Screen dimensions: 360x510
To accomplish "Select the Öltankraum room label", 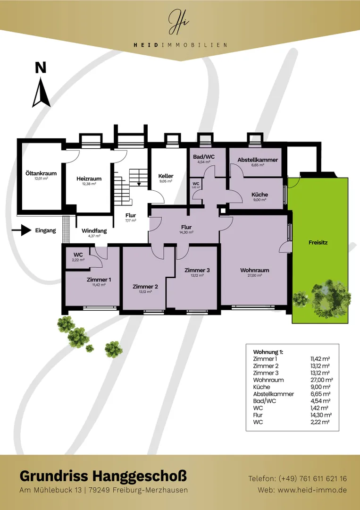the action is [41, 173].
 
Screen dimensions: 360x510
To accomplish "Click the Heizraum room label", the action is [89, 178].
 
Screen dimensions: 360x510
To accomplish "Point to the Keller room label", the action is [166, 176].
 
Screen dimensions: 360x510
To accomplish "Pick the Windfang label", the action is [94, 230].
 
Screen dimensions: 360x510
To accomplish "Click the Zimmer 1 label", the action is [99, 280].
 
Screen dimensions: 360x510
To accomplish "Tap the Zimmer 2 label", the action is [145, 287].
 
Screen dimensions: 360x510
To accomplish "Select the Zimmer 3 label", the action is [197, 270].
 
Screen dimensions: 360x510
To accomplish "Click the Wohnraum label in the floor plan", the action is [255, 270].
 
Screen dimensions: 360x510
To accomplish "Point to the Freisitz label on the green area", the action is [318, 242].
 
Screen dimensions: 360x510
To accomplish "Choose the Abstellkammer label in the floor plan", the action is [258, 160].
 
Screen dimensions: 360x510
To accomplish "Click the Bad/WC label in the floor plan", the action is [204, 156].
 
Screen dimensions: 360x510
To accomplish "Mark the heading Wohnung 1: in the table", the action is [268, 352].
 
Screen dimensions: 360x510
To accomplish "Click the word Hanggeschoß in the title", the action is [140, 476].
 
